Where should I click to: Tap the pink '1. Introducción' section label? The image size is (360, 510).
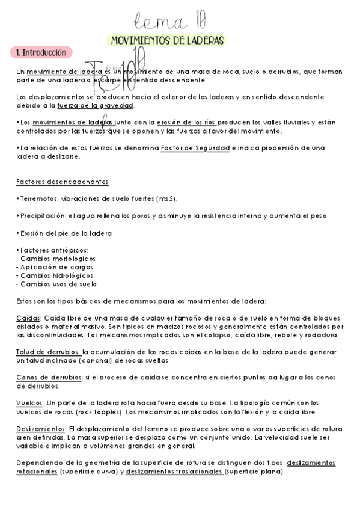[x=41, y=53]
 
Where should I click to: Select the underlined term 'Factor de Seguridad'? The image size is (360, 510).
[x=195, y=148]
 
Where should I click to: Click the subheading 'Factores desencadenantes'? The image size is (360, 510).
[x=63, y=182]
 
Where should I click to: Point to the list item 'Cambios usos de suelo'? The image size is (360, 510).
[x=59, y=284]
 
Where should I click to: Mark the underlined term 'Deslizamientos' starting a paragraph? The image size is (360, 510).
[x=41, y=429]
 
